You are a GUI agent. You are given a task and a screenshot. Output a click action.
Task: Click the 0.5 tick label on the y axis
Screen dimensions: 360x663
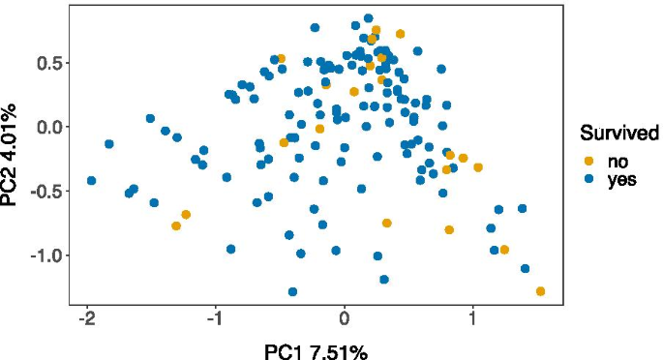tap(47, 63)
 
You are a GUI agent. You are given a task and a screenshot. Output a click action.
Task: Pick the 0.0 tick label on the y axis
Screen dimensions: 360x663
tap(47, 127)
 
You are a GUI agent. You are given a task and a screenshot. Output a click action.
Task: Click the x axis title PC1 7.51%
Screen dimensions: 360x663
tap(316, 348)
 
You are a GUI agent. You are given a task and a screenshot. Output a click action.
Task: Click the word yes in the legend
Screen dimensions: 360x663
tap(620, 179)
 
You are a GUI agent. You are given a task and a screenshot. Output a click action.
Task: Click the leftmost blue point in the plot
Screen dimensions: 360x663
tap(91, 181)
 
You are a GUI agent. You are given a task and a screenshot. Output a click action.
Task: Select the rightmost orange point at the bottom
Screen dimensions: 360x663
tap(540, 291)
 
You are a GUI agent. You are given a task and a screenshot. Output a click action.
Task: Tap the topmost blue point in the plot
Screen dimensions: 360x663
tap(368, 18)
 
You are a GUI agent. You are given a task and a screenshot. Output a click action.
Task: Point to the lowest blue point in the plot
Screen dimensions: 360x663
tap(292, 291)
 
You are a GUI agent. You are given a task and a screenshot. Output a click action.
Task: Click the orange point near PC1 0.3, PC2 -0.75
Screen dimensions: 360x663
tap(386, 224)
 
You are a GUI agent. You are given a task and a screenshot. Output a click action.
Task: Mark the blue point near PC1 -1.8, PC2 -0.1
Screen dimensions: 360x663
tap(109, 144)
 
